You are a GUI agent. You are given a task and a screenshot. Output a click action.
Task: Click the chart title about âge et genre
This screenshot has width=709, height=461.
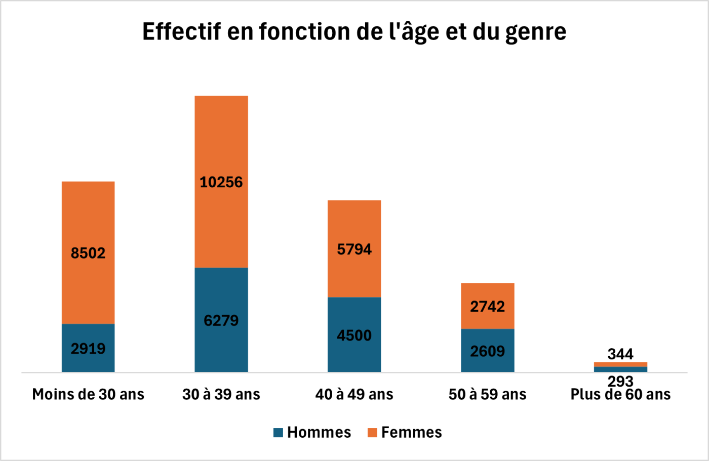(x=354, y=31)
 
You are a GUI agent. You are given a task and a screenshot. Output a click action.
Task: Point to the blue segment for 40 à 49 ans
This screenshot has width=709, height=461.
(x=354, y=354)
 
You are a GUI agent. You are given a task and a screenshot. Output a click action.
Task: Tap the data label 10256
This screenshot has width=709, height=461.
(x=221, y=182)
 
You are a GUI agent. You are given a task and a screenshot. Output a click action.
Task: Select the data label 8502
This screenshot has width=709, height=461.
(x=88, y=253)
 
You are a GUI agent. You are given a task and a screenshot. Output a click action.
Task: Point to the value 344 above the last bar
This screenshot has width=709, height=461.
(x=620, y=354)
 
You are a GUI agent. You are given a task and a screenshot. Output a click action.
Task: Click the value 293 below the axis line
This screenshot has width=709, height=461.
(x=620, y=381)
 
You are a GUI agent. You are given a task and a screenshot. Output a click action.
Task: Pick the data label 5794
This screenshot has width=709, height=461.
(x=354, y=249)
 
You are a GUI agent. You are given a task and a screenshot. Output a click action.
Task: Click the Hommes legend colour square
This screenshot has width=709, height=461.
(x=278, y=433)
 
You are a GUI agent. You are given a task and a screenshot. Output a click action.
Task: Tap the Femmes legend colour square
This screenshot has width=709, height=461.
(x=372, y=433)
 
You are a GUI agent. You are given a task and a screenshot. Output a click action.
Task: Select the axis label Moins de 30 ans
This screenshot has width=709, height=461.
(x=88, y=394)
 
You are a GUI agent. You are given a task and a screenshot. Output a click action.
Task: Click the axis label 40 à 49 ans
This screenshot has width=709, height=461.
(x=354, y=394)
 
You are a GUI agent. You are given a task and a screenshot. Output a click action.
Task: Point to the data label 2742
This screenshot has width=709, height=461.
(x=487, y=307)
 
